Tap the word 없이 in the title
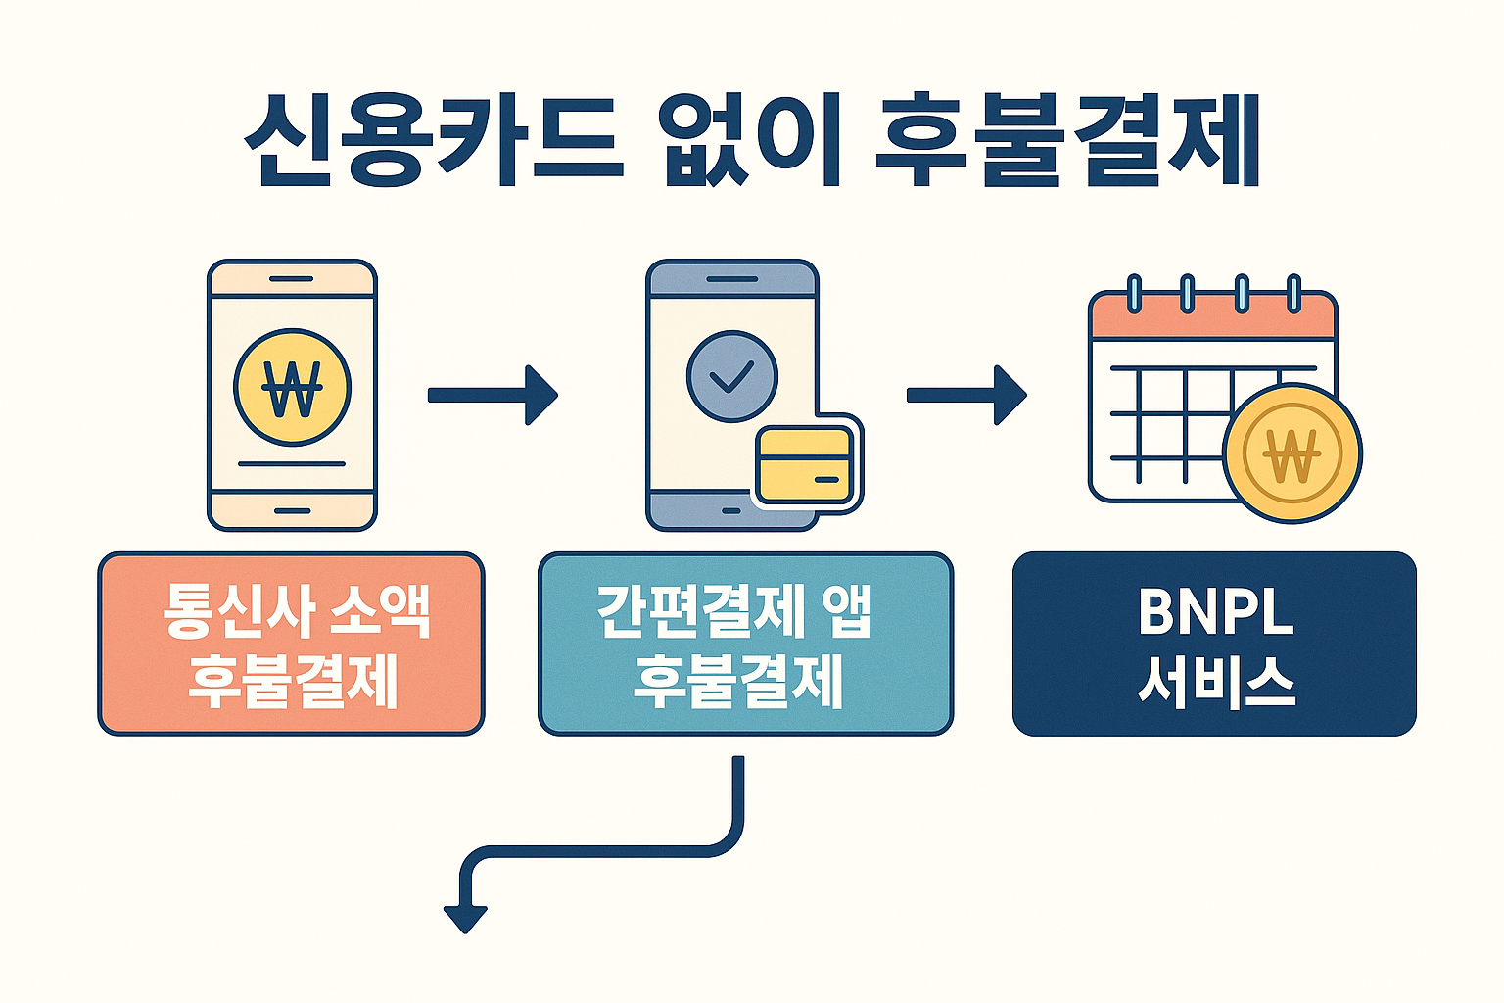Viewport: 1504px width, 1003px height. [x=751, y=140]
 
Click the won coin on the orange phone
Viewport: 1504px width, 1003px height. [x=292, y=388]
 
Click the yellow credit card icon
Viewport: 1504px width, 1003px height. [x=805, y=464]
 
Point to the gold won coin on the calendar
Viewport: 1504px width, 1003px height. [x=1292, y=454]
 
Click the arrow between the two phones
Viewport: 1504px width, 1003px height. [x=493, y=395]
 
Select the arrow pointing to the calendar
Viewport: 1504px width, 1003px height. [x=966, y=395]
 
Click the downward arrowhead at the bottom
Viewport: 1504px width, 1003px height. [x=465, y=918]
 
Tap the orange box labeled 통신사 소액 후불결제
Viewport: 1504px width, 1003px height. [x=291, y=644]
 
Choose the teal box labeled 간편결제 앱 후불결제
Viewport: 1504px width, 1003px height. [x=745, y=644]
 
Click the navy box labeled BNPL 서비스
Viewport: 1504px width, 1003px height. [x=1214, y=644]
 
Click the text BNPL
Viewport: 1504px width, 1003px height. [x=1215, y=612]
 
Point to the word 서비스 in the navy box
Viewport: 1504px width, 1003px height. [x=1216, y=679]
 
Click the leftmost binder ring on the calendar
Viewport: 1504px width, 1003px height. [x=1134, y=293]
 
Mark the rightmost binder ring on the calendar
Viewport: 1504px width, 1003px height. [x=1293, y=293]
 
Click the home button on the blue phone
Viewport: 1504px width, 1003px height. [x=731, y=510]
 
